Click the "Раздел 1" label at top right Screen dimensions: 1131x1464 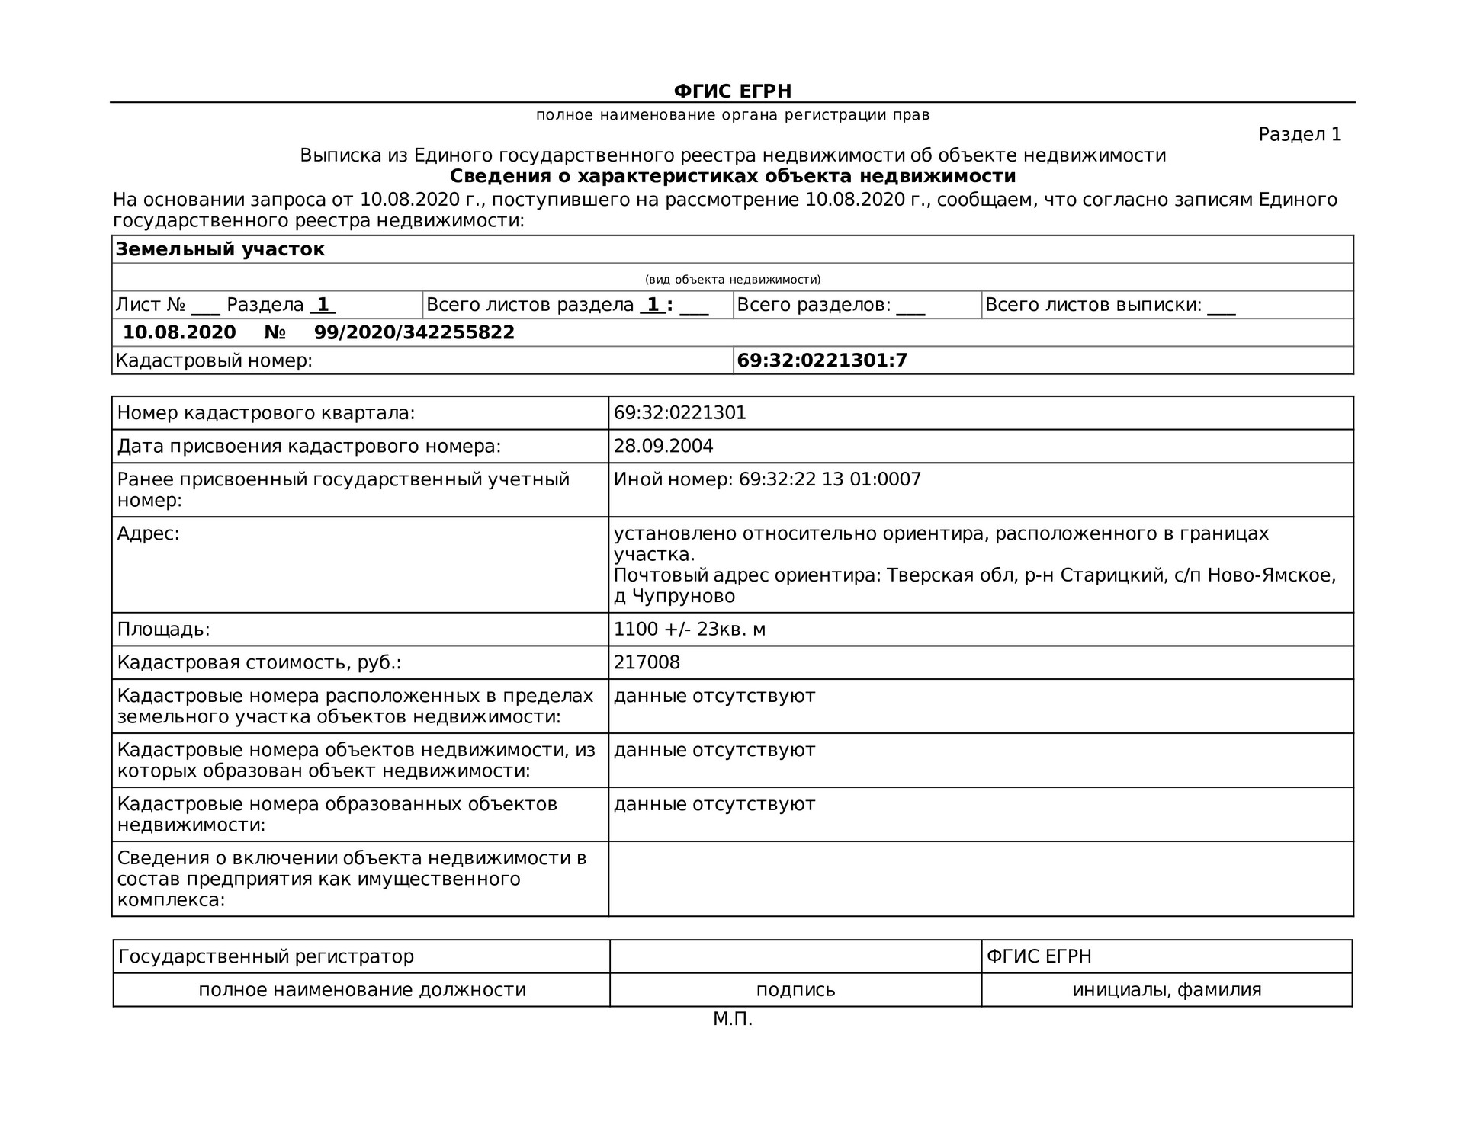tap(1299, 135)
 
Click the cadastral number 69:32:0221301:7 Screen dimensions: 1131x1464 tap(822, 360)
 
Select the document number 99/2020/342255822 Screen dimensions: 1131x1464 tap(414, 333)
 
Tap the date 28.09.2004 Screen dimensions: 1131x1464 tap(663, 447)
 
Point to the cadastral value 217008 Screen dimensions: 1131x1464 tap(647, 662)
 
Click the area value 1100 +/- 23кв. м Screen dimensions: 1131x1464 tap(689, 630)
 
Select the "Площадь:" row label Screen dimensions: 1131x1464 tap(163, 630)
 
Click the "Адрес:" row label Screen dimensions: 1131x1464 tap(148, 533)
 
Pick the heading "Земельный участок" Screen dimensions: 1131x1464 tap(220, 250)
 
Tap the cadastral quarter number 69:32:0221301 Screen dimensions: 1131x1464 tap(679, 413)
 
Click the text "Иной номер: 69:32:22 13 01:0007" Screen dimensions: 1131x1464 tap(767, 479)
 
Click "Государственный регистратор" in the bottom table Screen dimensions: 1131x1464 tap(266, 956)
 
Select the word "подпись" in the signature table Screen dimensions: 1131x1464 tap(795, 990)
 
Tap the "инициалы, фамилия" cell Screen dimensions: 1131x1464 tap(1167, 990)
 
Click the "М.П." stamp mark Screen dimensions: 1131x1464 tap(733, 1019)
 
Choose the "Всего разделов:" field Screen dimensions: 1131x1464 tap(830, 306)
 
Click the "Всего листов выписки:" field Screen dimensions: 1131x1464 tap(1109, 306)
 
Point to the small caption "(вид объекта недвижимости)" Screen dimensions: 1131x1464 tap(733, 280)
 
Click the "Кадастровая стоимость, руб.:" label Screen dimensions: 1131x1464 tap(258, 662)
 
